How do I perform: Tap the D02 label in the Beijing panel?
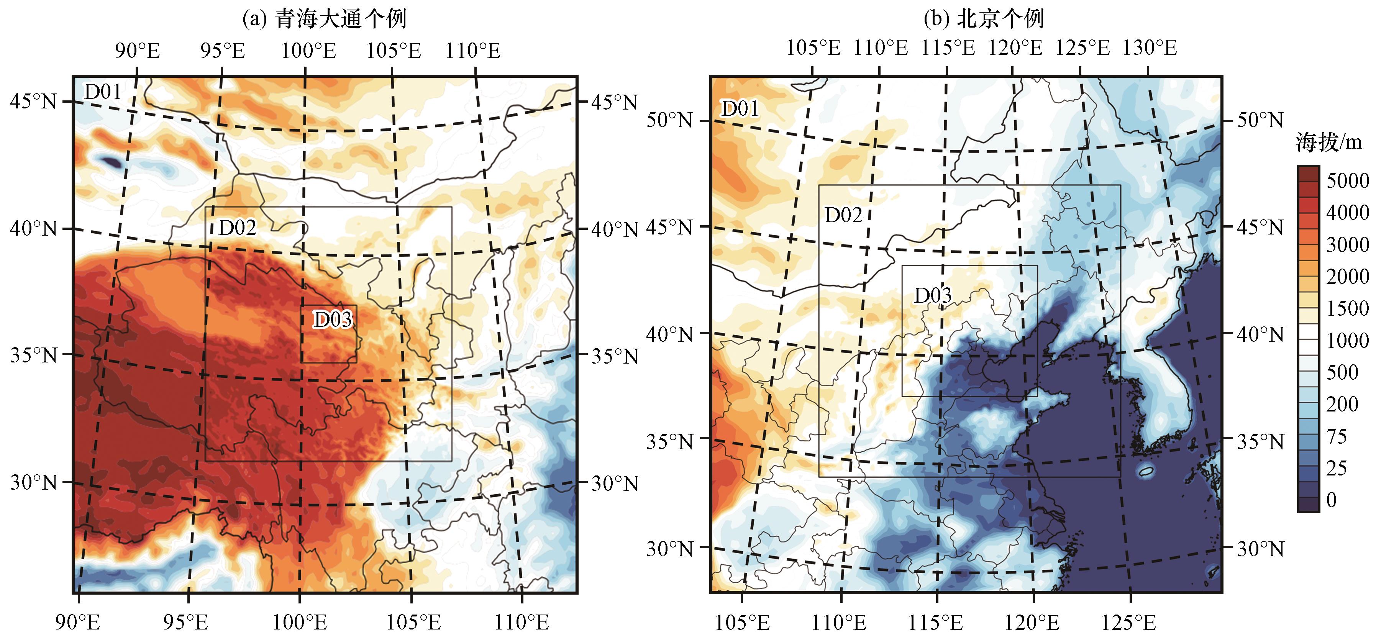click(843, 215)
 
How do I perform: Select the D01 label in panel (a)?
click(103, 92)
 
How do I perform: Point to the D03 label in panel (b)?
click(933, 295)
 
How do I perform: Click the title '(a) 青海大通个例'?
click(324, 19)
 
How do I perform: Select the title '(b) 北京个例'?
click(984, 19)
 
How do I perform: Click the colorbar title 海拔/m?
click(1328, 143)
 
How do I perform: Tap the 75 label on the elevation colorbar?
click(1337, 436)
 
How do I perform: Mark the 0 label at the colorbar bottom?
click(1332, 500)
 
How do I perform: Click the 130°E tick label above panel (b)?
click(1150, 48)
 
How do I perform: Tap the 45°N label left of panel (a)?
click(33, 101)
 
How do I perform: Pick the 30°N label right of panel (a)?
click(614, 484)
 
